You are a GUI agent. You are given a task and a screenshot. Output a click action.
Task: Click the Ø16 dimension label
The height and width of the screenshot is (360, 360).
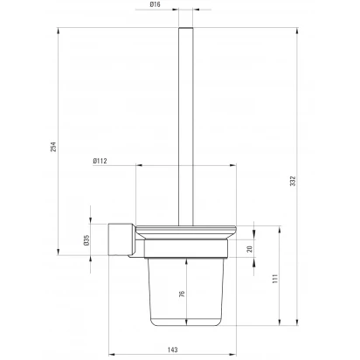[155, 4]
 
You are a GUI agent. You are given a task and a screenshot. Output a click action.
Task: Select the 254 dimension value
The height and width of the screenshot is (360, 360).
[53, 147]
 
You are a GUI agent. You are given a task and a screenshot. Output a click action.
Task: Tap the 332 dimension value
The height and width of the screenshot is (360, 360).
[293, 181]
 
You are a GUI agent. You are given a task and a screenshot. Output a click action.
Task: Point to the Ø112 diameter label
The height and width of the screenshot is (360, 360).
[100, 161]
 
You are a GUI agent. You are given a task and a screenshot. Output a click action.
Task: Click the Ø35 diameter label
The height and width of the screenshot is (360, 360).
[87, 240]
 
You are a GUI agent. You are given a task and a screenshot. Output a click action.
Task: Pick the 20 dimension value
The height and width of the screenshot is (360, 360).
[250, 249]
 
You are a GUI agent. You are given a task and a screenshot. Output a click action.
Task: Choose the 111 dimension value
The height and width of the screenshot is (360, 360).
[275, 279]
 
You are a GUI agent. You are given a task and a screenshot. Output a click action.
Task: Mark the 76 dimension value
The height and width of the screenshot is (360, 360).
[182, 294]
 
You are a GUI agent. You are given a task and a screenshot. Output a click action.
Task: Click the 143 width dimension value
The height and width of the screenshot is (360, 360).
[172, 350]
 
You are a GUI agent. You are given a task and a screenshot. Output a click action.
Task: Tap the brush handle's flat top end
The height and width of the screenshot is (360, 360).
[186, 28]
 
